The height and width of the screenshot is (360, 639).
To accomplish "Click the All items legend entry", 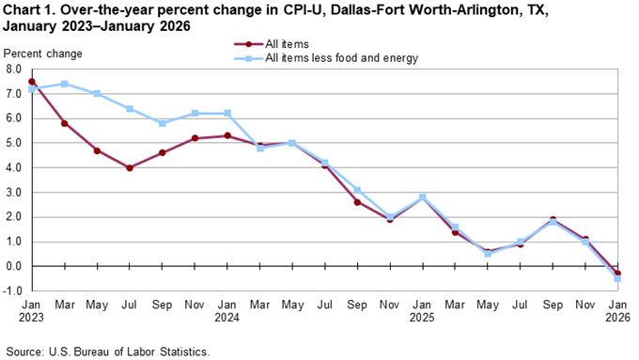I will click(x=288, y=44).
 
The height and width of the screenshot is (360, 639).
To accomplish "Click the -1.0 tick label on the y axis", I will click(x=11, y=290).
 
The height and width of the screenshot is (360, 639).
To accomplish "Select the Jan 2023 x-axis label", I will click(x=32, y=312).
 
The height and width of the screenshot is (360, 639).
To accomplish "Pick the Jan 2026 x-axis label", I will click(x=617, y=312).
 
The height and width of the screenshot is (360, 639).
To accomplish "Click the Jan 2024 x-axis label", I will click(x=226, y=312).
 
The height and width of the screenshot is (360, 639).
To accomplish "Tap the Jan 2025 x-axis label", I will click(x=422, y=312).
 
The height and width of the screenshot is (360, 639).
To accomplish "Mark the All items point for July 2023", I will click(x=130, y=167).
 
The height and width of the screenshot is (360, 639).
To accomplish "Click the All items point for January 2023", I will click(x=32, y=82).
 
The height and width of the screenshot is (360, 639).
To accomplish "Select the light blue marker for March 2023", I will click(x=64, y=84).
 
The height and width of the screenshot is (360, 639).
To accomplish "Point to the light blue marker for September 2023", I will click(x=162, y=123).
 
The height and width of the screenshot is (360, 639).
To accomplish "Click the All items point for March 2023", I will click(x=64, y=123).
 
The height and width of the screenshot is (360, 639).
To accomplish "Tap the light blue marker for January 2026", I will click(x=617, y=278).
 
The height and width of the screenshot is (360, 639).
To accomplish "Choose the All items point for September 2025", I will click(x=553, y=220).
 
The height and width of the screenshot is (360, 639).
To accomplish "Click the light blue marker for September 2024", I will click(x=357, y=190).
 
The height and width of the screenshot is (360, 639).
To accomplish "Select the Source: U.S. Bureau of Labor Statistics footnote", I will click(x=106, y=351).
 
